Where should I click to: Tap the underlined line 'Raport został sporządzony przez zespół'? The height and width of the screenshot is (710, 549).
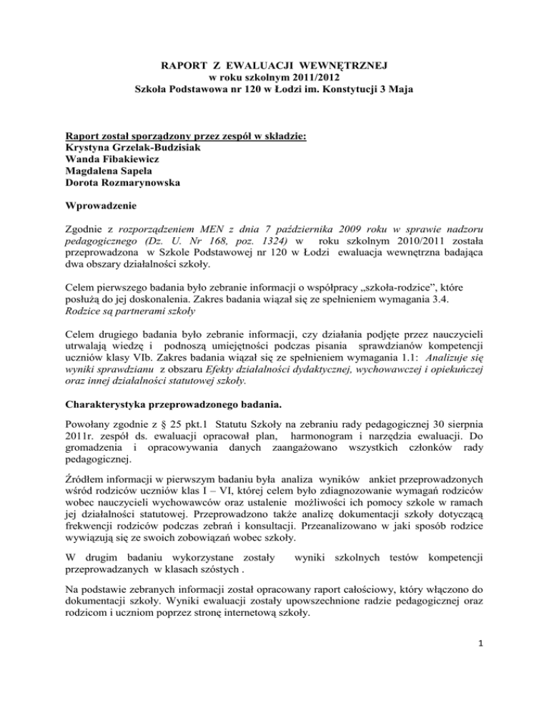[x=169, y=114]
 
